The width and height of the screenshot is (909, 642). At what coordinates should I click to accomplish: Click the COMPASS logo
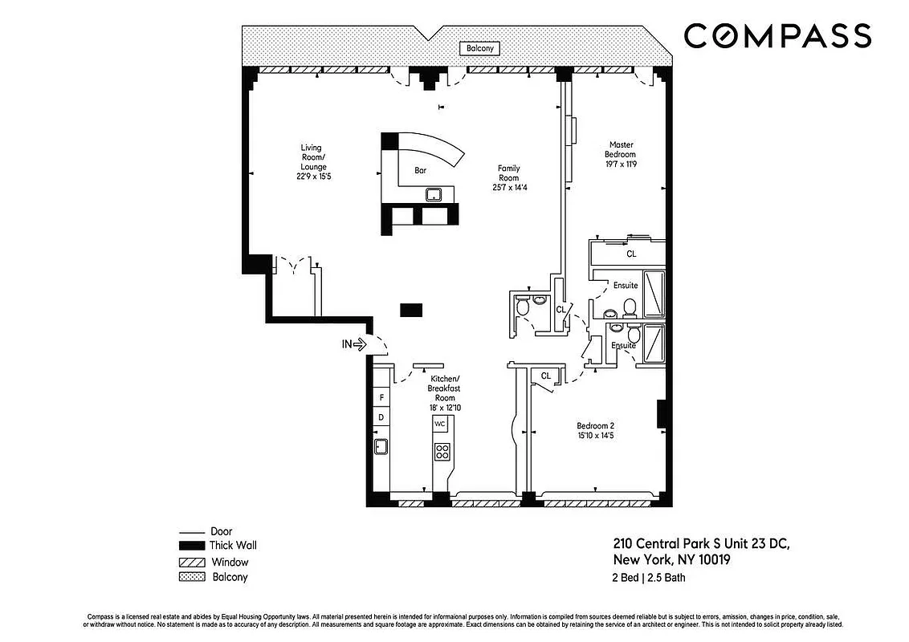point(777,36)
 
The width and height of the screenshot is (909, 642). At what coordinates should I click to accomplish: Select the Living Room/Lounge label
point(312,161)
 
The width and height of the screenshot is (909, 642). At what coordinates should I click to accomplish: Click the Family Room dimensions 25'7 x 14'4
point(508,188)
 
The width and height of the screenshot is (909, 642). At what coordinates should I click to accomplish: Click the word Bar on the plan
point(420,170)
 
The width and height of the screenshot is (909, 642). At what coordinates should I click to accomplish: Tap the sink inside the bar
point(434,194)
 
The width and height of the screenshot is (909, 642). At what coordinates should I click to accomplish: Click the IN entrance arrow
point(354,344)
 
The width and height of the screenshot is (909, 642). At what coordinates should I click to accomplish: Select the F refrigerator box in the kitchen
point(381,397)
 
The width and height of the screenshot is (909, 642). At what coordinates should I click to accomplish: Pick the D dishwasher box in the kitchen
point(381,417)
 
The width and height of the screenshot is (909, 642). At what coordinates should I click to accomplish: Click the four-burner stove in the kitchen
point(442,451)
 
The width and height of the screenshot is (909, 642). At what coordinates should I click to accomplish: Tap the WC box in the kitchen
point(440,423)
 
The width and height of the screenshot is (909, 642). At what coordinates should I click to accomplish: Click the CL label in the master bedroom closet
point(631,254)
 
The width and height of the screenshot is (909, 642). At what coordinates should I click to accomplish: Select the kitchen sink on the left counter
point(381,447)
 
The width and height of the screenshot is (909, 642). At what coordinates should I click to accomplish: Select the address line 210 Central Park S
point(701,544)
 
